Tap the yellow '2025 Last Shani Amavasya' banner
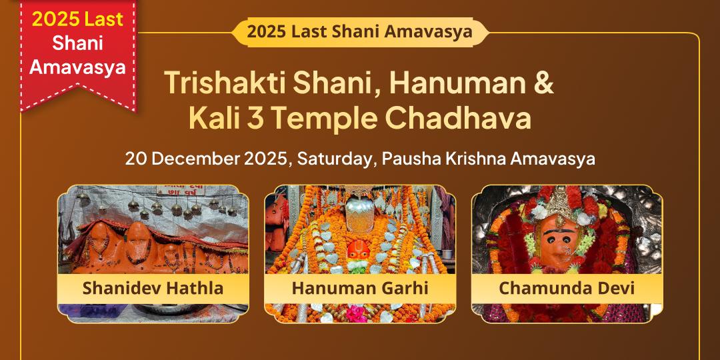359,31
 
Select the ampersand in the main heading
544,82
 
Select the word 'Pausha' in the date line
417,159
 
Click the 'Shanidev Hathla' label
153,289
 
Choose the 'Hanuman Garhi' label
360,289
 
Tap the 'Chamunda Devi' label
567,289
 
